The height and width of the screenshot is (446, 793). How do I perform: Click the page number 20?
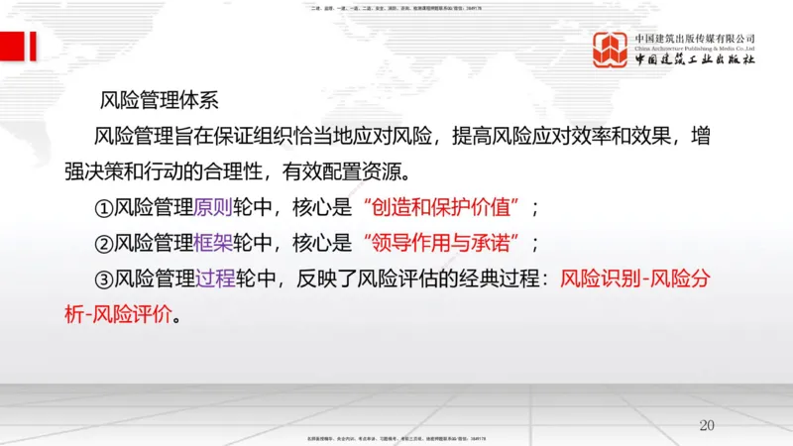coord(706,425)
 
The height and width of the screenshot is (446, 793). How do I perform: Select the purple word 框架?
coord(215,244)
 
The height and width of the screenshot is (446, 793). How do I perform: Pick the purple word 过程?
coord(215,280)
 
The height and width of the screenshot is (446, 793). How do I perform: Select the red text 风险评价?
coord(132,317)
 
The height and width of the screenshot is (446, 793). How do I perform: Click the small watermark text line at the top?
coord(396,10)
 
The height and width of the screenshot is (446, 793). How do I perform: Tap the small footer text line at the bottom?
coord(396,438)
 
